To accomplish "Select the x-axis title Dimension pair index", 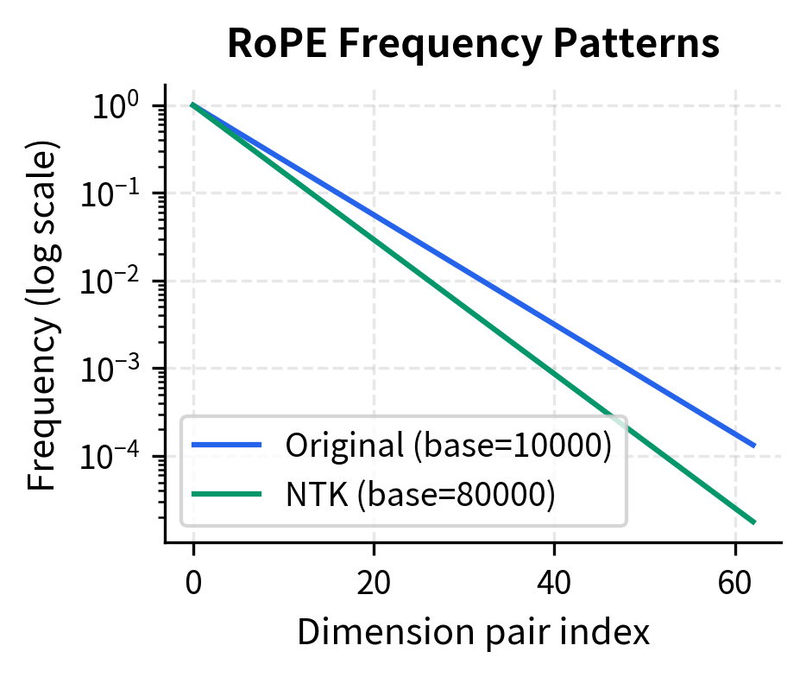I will pyautogui.click(x=473, y=633).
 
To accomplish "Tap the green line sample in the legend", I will pyautogui.click(x=226, y=494).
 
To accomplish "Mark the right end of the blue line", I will pyautogui.click(x=755, y=446).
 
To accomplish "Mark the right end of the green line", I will pyautogui.click(x=755, y=522).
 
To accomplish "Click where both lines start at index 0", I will pyautogui.click(x=193, y=105).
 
